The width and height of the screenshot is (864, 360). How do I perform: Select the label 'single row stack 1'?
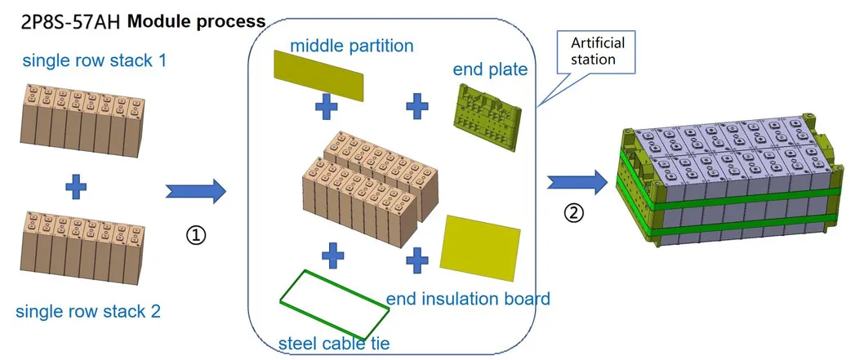click(95, 60)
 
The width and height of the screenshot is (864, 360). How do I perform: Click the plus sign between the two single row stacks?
click(76, 188)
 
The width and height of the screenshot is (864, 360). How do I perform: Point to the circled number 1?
click(197, 236)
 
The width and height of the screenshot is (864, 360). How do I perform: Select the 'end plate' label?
click(490, 69)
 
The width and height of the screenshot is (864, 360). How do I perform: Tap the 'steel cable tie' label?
click(334, 343)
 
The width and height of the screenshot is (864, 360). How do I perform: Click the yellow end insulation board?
click(480, 242)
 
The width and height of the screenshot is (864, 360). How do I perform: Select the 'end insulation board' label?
click(468, 298)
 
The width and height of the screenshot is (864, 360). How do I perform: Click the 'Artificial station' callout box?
click(591, 51)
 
